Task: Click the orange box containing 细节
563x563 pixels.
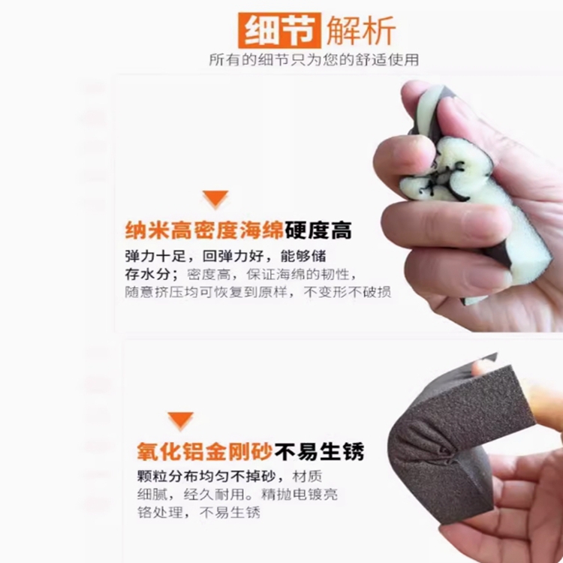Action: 279,31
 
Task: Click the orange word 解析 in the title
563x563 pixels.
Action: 361,31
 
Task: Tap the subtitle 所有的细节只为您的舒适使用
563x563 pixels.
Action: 314,59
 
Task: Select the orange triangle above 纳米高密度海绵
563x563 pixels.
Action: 215,199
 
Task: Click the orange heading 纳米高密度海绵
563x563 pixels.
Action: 204,230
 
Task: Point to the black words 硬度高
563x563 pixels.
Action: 318,230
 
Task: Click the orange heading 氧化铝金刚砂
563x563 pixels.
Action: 205,451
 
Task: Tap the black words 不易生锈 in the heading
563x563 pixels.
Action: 320,451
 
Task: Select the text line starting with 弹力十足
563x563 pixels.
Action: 225,257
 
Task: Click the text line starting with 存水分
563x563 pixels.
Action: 241,275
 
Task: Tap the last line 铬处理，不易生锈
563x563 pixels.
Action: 199,513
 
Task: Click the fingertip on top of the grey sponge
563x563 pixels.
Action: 483,368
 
